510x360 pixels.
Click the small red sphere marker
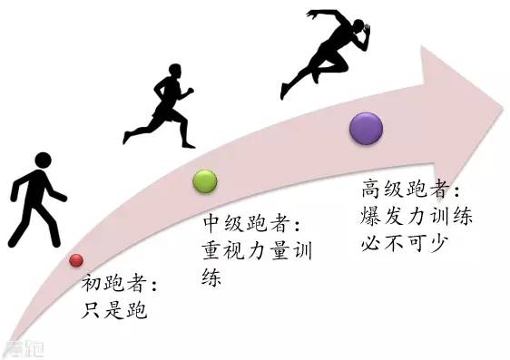point(76,261)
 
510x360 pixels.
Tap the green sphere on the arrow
point(205,180)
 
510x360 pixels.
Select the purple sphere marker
point(366,128)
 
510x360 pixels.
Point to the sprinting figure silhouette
point(329,50)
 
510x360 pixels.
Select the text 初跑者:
point(121,286)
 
